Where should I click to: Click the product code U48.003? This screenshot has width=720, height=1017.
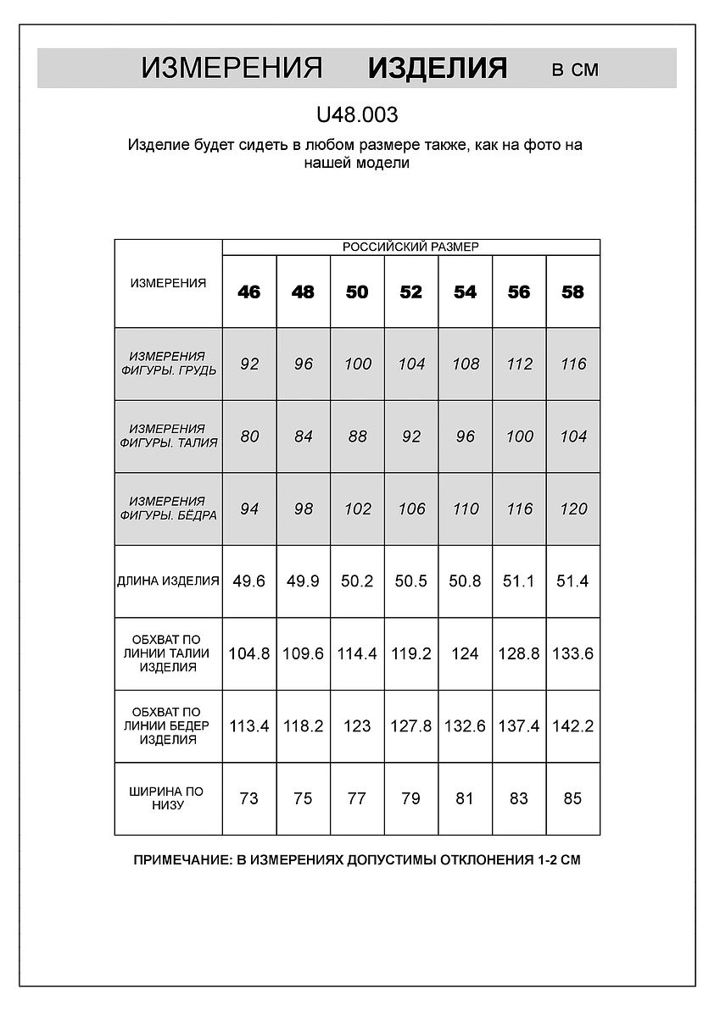coord(356,114)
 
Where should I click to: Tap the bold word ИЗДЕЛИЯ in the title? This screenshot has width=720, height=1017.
coord(438,69)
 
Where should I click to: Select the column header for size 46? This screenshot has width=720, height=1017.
coord(249,292)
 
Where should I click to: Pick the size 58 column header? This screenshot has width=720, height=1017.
coord(573,292)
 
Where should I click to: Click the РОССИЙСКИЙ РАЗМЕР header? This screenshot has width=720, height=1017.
coord(410,247)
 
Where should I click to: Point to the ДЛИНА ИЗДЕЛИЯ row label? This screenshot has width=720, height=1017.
coord(168,581)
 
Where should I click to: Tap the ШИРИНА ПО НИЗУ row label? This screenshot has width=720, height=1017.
coord(168,798)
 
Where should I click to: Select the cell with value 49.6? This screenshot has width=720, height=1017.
coord(249,581)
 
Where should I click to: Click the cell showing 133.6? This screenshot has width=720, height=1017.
coord(573,653)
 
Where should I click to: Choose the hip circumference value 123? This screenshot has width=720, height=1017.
coord(357,726)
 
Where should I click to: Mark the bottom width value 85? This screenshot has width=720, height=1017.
coord(573,798)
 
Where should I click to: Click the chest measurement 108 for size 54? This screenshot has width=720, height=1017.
coord(465,364)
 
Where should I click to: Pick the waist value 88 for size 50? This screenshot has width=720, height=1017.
coord(357,436)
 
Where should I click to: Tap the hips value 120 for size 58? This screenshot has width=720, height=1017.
coord(573,509)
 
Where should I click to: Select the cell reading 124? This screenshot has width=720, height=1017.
coord(465,653)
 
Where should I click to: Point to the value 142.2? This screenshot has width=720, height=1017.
coord(573,726)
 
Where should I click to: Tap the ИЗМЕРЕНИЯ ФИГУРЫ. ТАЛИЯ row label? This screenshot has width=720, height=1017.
coord(168,436)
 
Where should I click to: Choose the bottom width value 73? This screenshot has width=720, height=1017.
coord(249,798)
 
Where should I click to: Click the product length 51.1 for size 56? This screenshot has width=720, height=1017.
coord(519,581)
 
